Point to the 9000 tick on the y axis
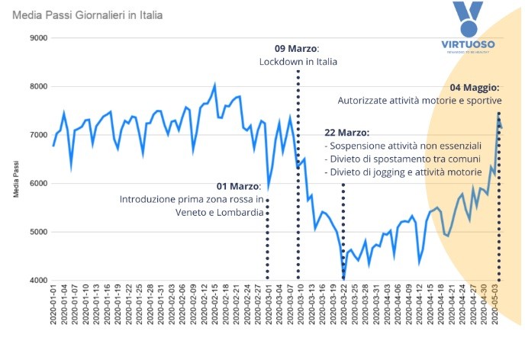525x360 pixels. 37,38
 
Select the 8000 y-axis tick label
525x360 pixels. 37,87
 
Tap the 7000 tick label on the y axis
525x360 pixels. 37,135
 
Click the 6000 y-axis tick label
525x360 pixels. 37,184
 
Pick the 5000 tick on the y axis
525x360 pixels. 37,232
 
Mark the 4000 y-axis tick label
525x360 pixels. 37,281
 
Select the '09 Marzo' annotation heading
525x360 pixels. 297,48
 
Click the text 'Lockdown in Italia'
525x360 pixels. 298,62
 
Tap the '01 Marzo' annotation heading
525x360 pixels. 240,185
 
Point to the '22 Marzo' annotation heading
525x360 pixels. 346,132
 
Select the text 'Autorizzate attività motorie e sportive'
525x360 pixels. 419,101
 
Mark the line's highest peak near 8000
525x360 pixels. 215,85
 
